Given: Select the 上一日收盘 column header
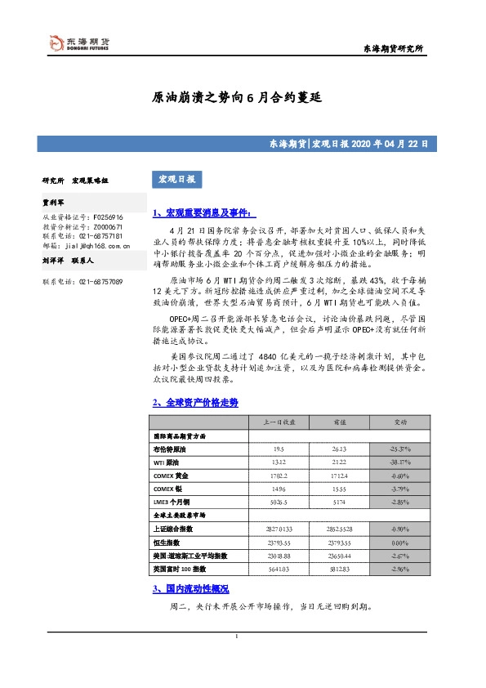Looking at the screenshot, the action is pos(281,422).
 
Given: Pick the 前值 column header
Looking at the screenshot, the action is pos(341,422).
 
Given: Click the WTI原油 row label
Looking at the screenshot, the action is pos(167,462).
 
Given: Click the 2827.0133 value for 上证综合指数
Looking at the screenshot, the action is pos(281,528).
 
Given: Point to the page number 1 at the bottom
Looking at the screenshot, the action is pos(236,637).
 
